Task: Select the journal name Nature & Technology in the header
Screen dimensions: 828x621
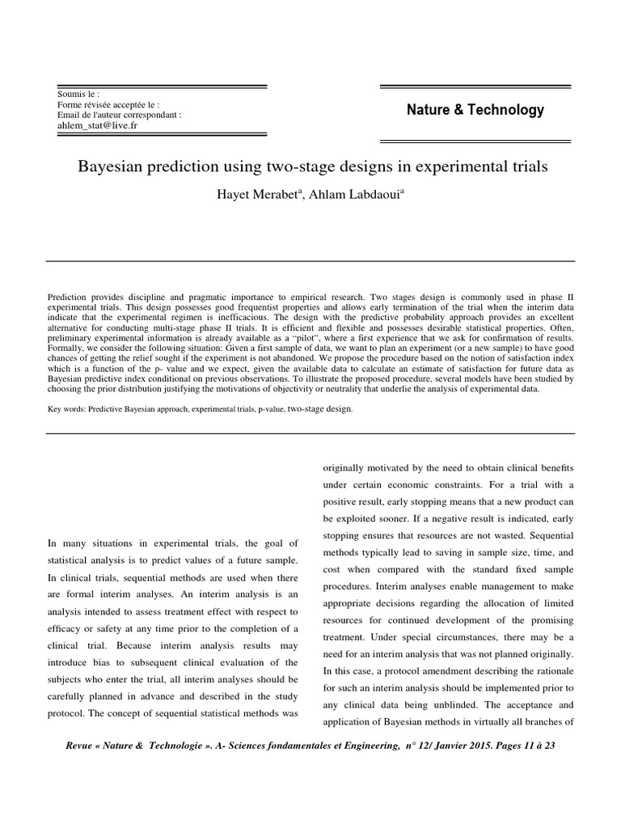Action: [x=475, y=110]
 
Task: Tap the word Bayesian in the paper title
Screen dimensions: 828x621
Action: [x=111, y=167]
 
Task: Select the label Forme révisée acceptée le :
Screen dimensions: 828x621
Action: [x=108, y=105]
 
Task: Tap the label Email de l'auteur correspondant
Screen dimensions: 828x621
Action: [x=119, y=115]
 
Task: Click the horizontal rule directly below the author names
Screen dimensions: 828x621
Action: [x=310, y=260]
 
